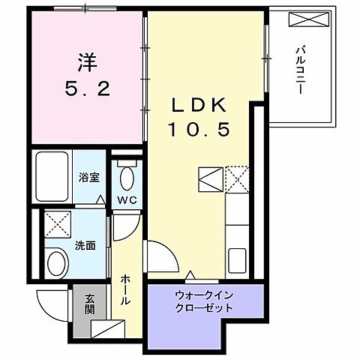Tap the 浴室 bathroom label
(90, 178)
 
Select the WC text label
(126, 199)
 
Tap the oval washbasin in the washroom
(55, 262)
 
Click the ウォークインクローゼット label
(203, 301)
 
